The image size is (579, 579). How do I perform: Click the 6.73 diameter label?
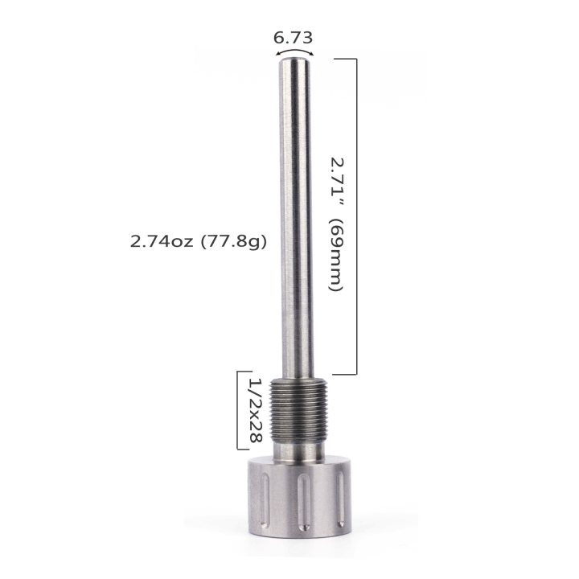[293, 37]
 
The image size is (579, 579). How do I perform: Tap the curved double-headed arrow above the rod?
[294, 51]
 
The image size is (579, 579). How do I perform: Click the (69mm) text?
[336, 255]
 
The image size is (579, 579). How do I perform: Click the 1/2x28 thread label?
[256, 410]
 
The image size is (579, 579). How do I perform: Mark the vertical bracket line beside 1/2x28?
[238, 410]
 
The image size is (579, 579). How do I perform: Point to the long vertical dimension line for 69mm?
[355, 217]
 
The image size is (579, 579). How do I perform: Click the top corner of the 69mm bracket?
[355, 60]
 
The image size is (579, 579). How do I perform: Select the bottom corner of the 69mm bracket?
[355, 374]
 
